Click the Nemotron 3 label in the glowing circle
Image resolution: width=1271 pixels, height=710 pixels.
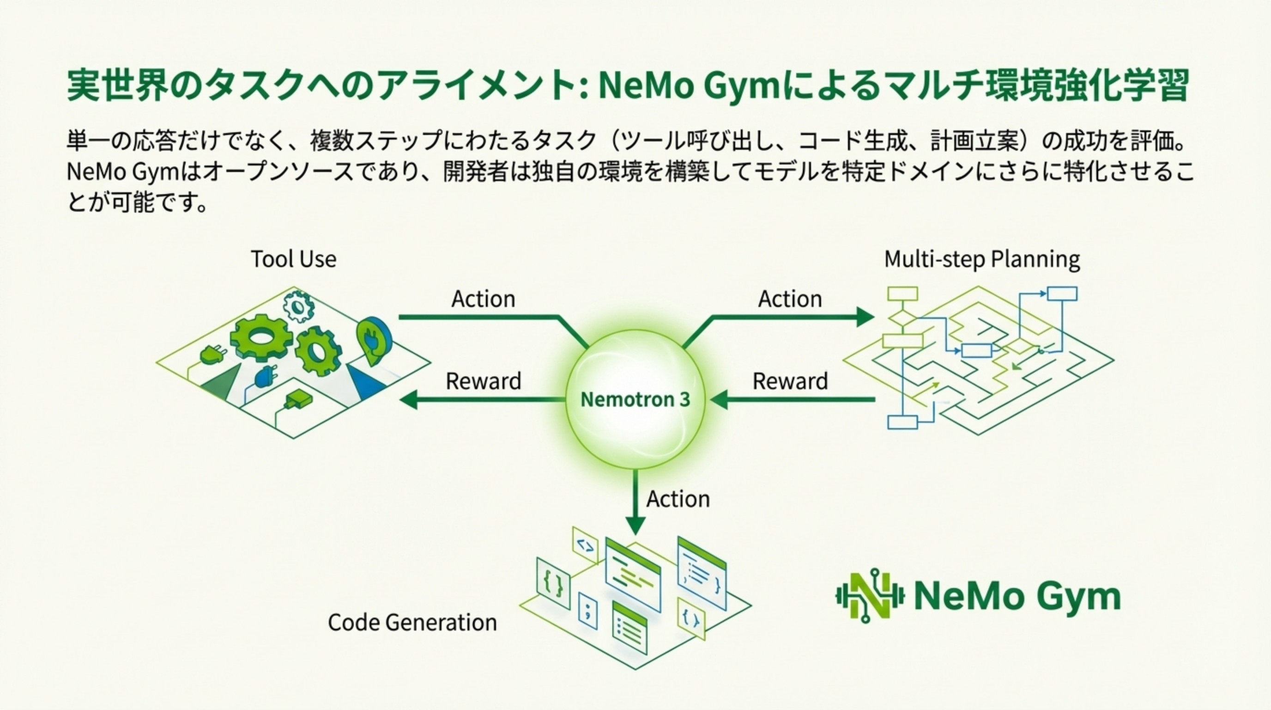pos(635,399)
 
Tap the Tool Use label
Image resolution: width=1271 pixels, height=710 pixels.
pos(294,259)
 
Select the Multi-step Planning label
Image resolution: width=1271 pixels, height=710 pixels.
pos(982,259)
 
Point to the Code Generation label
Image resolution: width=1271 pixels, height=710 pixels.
pos(412,623)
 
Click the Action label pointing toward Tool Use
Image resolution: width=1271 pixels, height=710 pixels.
pos(483,299)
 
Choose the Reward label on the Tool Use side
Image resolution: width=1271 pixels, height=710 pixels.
pos(483,381)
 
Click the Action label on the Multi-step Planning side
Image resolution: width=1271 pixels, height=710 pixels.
pos(790,299)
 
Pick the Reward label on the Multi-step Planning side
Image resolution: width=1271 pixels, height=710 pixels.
pos(790,381)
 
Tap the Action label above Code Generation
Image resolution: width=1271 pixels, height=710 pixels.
pos(678,499)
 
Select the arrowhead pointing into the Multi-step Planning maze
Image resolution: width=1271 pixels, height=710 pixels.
pos(865,317)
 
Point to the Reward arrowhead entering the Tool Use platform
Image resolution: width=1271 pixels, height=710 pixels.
pos(409,399)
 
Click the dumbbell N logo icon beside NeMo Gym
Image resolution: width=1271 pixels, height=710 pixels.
pos(869,596)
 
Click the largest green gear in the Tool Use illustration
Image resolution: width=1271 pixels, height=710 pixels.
pos(261,338)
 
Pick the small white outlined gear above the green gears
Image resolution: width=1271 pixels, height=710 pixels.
pos(298,306)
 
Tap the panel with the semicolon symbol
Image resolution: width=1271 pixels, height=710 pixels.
pos(587,611)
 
